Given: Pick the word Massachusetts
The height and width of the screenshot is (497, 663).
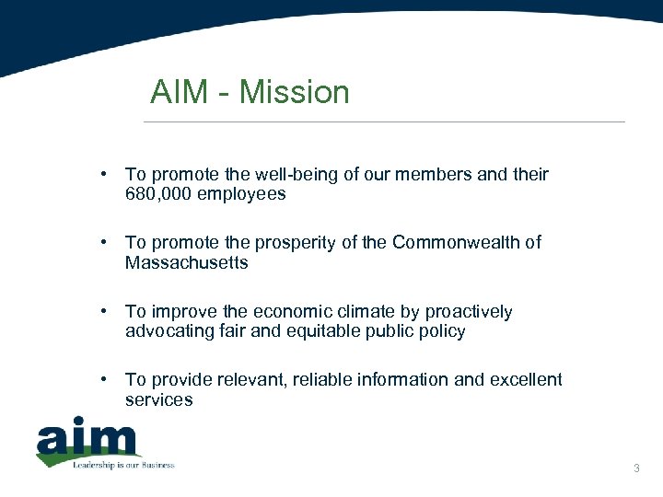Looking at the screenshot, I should [x=187, y=263].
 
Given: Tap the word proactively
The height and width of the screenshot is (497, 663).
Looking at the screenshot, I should [x=466, y=312].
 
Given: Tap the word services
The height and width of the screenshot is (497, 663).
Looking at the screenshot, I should [x=159, y=399].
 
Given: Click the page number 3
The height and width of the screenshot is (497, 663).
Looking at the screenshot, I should [x=636, y=469].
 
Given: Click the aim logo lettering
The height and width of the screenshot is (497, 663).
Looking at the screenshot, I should [x=87, y=440].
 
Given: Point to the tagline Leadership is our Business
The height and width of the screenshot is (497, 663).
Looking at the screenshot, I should [x=123, y=465].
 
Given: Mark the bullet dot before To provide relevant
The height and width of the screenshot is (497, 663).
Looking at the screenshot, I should [x=108, y=379].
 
